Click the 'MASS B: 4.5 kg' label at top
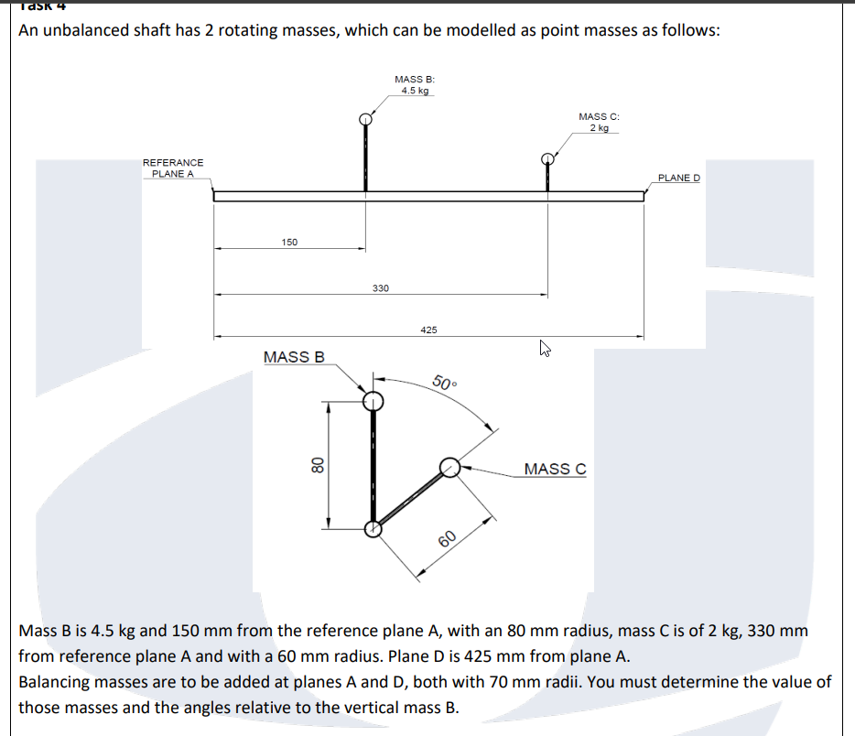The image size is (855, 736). pyautogui.click(x=414, y=85)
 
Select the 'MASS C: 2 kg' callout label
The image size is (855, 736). pyautogui.click(x=599, y=122)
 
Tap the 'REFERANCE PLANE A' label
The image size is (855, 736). pyautogui.click(x=173, y=168)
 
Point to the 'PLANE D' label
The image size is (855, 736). pyautogui.click(x=678, y=178)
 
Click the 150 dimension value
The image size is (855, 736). pyautogui.click(x=289, y=242)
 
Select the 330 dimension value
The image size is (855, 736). pyautogui.click(x=381, y=288)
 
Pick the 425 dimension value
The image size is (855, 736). pyautogui.click(x=428, y=330)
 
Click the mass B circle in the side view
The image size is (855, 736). pyautogui.click(x=366, y=119)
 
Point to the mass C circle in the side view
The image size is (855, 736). pyautogui.click(x=547, y=158)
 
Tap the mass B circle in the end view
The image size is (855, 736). pyautogui.click(x=373, y=401)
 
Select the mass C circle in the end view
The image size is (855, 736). pyautogui.click(x=449, y=468)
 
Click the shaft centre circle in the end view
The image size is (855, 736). pyautogui.click(x=373, y=528)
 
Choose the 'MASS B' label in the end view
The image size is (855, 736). pyautogui.click(x=294, y=357)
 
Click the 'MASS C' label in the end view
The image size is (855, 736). pyautogui.click(x=555, y=469)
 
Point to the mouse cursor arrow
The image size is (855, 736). pyautogui.click(x=546, y=348)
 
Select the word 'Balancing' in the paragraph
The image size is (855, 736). pyautogui.click(x=55, y=682)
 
